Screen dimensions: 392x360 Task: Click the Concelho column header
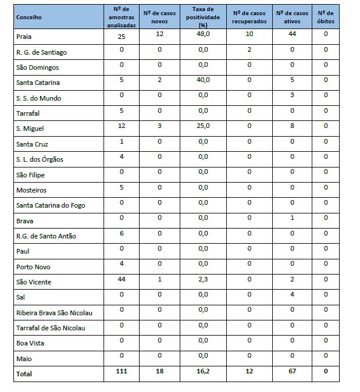[29, 17]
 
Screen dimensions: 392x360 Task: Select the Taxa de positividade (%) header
[203, 17]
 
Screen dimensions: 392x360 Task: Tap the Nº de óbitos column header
[326, 17]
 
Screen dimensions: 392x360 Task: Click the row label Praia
[24, 37]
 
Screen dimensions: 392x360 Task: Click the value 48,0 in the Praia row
[203, 34]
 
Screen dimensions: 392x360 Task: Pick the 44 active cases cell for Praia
[293, 34]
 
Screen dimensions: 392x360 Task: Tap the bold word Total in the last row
[24, 374]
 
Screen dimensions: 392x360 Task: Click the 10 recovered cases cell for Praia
[249, 34]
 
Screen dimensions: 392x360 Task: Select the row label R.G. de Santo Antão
[47, 236]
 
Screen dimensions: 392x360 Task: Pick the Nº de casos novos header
[159, 17]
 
